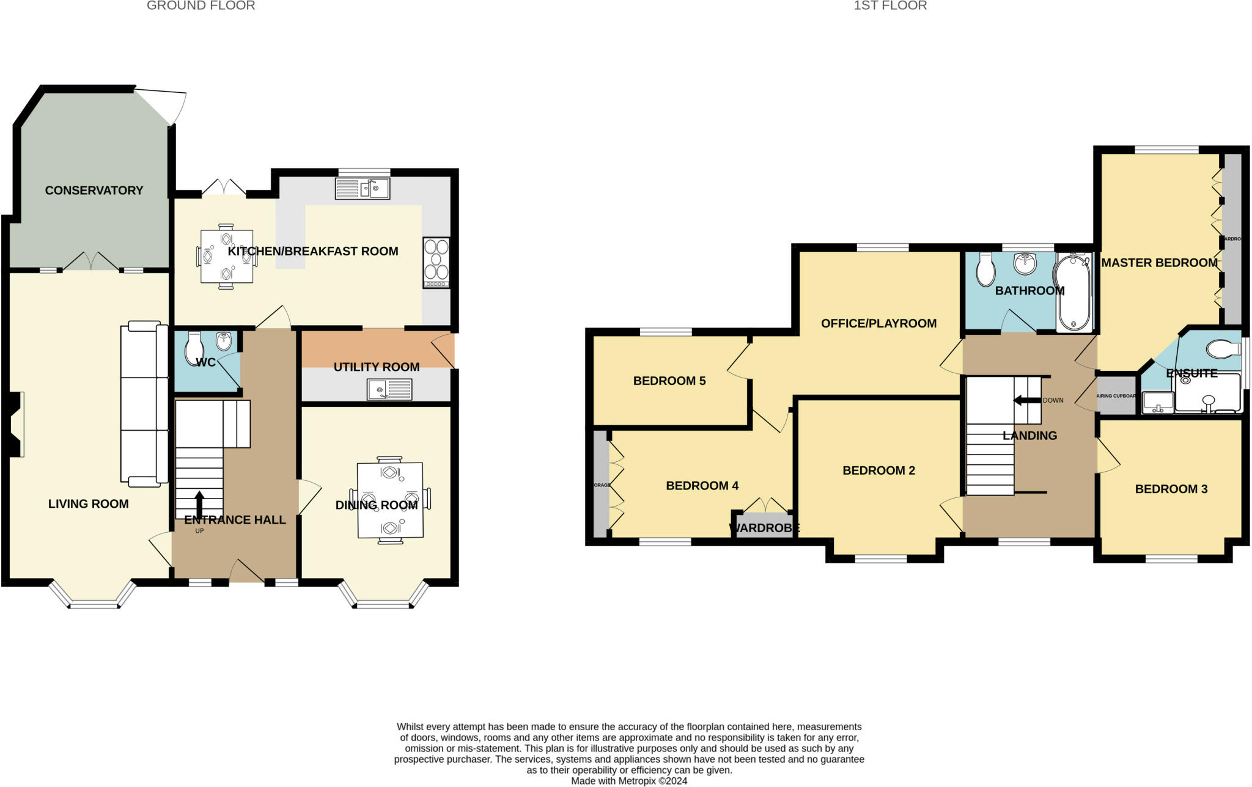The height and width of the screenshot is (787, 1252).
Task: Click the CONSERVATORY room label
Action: coord(94,191)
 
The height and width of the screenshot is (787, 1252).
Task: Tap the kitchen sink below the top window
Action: coord(363,188)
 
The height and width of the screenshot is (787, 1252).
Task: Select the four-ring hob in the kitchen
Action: coord(436,262)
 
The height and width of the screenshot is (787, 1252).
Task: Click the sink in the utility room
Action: coord(389,389)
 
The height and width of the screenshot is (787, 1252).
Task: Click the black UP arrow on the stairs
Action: coord(199,503)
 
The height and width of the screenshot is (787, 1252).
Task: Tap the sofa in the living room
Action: coord(145,404)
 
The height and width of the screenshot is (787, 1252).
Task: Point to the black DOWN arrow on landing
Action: coord(1026,400)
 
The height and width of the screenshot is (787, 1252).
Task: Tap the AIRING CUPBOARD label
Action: coord(1116,396)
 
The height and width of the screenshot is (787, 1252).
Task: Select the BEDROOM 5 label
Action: coord(669,381)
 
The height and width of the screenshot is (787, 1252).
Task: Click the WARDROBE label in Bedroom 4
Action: coord(764,528)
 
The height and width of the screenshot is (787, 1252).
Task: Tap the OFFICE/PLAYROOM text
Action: coord(878,324)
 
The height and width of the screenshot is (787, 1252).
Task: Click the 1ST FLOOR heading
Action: coord(890,6)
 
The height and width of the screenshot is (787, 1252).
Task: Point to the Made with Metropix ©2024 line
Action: coord(629,781)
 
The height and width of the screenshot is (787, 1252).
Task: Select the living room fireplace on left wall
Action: coord(17,425)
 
